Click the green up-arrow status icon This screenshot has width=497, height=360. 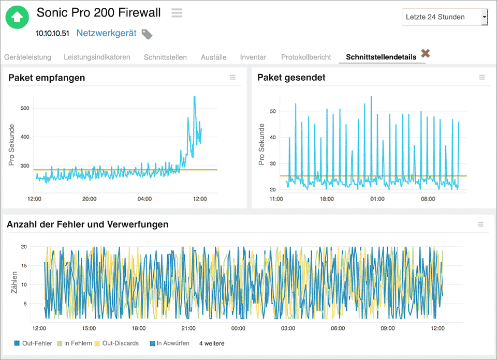(17, 17)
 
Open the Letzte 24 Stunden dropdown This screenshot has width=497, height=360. (445, 17)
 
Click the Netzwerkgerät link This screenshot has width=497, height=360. (106, 33)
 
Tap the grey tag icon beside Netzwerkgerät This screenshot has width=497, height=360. (147, 34)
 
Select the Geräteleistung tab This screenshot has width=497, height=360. (27, 57)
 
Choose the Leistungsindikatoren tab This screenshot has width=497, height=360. (97, 57)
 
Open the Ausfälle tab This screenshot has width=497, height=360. (213, 57)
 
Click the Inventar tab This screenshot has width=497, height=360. (253, 57)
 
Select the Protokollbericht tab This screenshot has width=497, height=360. (305, 57)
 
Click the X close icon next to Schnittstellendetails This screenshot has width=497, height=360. (426, 53)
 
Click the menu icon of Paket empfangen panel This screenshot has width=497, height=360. (232, 78)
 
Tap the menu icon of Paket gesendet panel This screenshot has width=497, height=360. (481, 78)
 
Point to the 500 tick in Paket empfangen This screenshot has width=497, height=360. (24, 108)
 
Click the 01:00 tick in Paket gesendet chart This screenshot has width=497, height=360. (377, 199)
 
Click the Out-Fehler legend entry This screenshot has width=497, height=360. (34, 343)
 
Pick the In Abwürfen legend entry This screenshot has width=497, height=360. (169, 343)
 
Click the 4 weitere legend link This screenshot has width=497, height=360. (212, 343)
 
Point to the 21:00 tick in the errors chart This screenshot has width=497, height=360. (188, 328)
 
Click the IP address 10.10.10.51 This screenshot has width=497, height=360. (52, 33)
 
